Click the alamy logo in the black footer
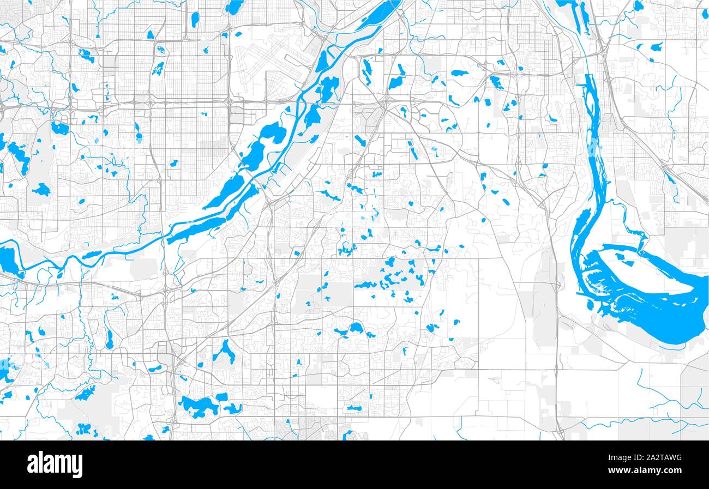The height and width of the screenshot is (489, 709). point(55,464)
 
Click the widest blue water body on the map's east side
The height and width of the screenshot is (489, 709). point(654,316)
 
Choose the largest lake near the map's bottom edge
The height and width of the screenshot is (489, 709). point(199,406)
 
